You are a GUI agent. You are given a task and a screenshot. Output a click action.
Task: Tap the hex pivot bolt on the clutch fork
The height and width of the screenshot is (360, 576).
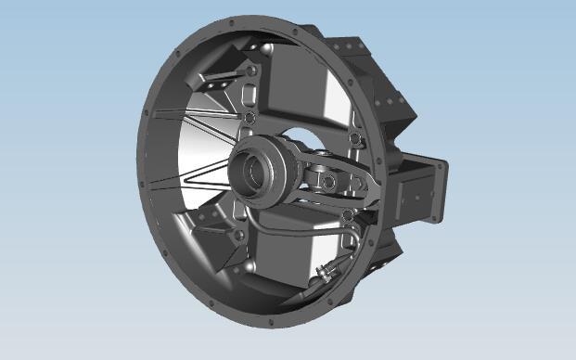(x=326, y=179)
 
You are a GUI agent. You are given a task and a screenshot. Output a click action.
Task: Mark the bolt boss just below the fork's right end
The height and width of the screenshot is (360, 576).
(x=347, y=215)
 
